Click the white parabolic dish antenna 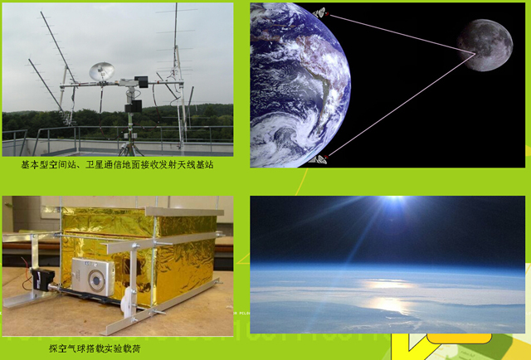[x=101, y=71]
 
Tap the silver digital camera [x=93, y=277]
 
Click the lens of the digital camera [x=97, y=280]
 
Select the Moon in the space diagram [x=485, y=45]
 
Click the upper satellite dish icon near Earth [x=319, y=13]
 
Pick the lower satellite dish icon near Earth [x=319, y=159]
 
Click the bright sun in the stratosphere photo [x=395, y=200]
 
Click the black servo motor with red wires [x=41, y=279]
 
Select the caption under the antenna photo [x=117, y=165]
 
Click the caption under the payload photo [x=95, y=348]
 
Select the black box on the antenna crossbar [x=141, y=82]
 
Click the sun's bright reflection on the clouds [x=389, y=294]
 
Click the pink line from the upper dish [x=402, y=34]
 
